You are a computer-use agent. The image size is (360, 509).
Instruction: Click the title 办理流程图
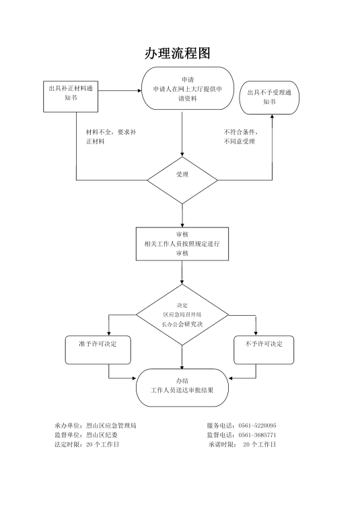click(178, 53)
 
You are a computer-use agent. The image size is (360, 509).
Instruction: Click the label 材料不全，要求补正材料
click(111, 137)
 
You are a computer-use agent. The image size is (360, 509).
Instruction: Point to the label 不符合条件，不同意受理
click(241, 137)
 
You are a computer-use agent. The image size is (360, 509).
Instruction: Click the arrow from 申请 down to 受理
click(182, 134)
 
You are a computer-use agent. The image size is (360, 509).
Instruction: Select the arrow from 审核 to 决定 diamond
click(182, 273)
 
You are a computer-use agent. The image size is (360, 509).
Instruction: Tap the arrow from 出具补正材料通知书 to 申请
click(120, 91)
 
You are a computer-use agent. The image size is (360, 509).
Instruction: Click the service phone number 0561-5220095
click(257, 426)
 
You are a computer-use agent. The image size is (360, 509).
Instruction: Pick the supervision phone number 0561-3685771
click(257, 435)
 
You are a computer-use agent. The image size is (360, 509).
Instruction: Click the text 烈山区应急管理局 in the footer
click(111, 426)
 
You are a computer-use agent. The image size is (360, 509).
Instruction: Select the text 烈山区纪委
click(102, 435)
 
